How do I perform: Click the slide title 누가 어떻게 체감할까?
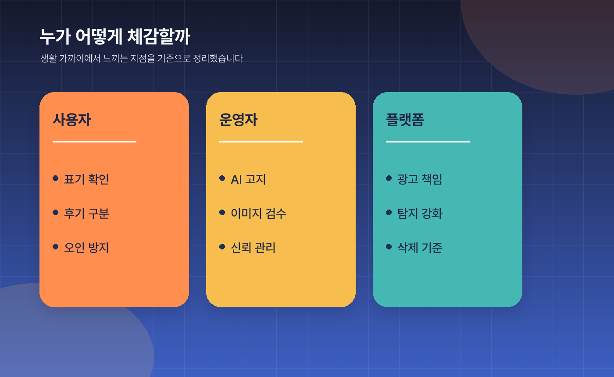coord(115,37)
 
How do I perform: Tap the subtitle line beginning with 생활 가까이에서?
coord(141,58)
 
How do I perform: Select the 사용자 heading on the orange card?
coord(71,120)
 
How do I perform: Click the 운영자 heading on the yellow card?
coord(238,120)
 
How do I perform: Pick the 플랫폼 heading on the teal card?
coord(405,120)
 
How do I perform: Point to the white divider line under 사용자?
coord(94,142)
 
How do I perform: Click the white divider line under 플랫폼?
coord(428,142)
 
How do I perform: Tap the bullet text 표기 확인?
coord(86,179)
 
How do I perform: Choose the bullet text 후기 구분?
coord(86,213)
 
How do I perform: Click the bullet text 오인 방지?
coord(86,248)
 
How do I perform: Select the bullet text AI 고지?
coord(248,179)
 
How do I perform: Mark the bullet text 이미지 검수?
coord(258,213)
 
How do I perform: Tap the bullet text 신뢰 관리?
coord(253,248)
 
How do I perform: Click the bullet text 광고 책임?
coord(420,179)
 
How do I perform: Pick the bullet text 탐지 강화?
coord(420,213)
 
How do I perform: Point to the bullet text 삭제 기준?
coord(420,248)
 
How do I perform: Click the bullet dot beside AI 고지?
coord(222,178)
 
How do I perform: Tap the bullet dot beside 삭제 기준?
coord(389,246)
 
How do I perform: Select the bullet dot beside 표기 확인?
coord(55,178)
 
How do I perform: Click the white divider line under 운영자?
coord(261,142)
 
